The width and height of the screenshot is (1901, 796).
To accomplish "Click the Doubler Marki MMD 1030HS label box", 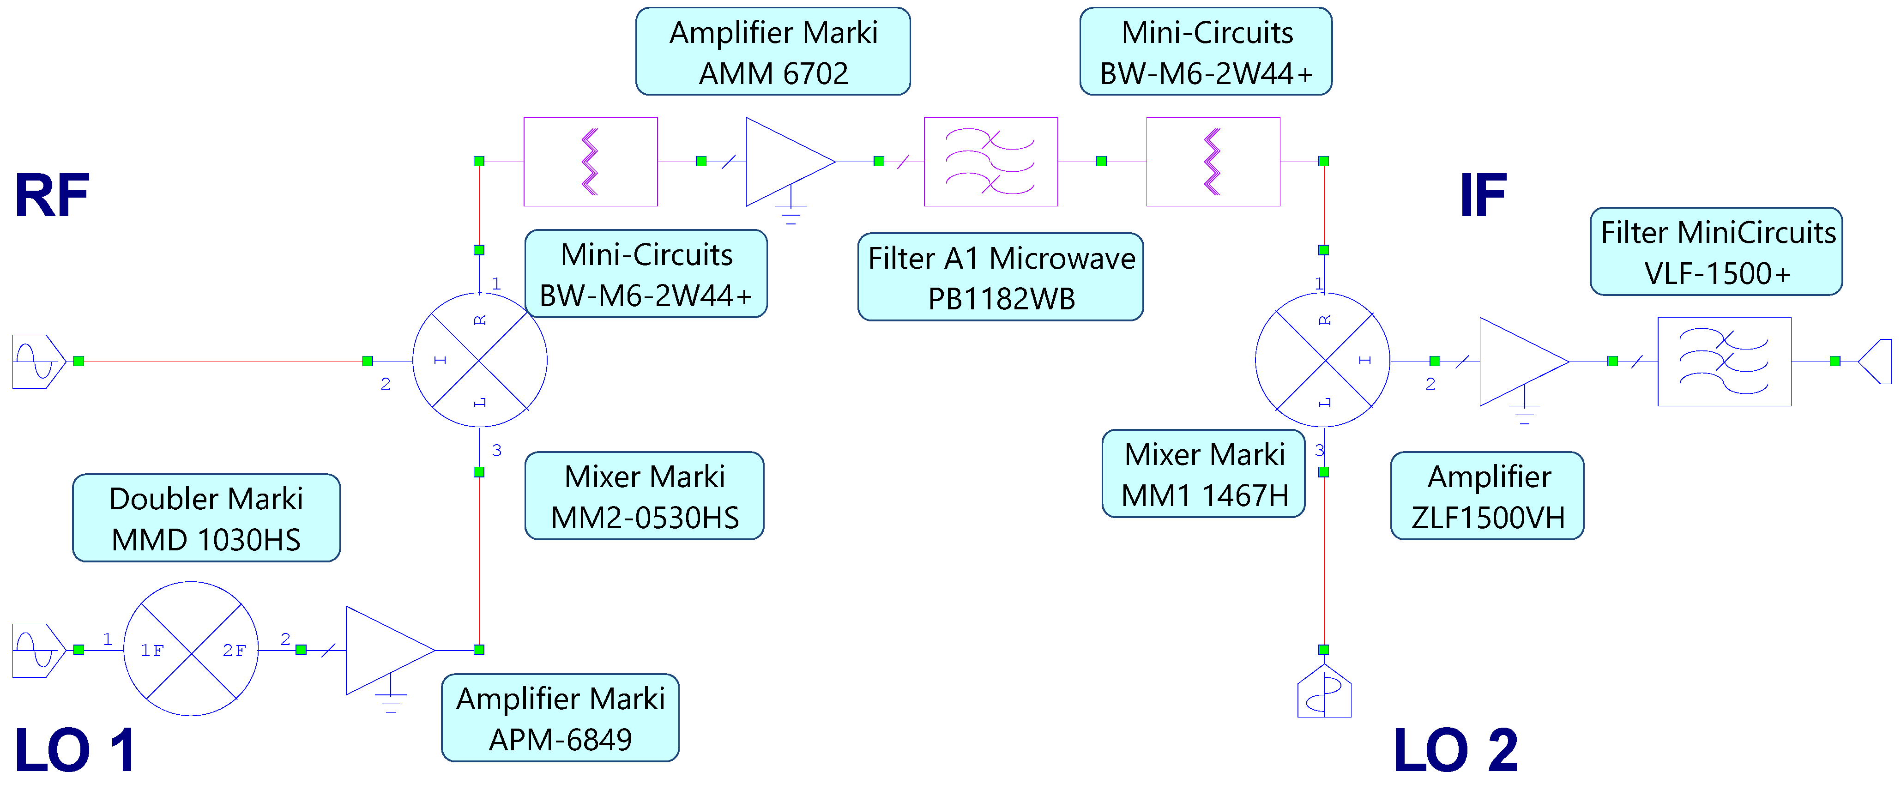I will pos(206,518).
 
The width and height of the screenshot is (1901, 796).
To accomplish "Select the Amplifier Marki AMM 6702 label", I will pos(772,52).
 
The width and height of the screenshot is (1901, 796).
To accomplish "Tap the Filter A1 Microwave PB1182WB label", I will pos(1000,277).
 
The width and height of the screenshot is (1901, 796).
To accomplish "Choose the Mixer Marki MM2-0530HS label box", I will pos(644,496).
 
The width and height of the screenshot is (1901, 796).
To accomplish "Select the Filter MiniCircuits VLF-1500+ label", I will pos(1716,252).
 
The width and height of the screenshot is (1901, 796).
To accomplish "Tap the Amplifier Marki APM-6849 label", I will pos(560,718).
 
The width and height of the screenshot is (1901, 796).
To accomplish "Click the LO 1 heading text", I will pos(75,750).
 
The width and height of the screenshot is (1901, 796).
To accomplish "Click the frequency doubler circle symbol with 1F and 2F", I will pos(191,649).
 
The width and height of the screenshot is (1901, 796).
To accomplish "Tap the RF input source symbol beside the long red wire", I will pos(38,362).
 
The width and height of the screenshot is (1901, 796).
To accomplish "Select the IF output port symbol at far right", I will pos(1876,362).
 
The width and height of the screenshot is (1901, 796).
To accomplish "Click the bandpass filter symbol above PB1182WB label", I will pos(990,162).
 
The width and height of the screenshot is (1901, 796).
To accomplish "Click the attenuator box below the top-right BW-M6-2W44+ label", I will pos(1213,162).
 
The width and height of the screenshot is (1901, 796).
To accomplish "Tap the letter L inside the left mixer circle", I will pos(480,402).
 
